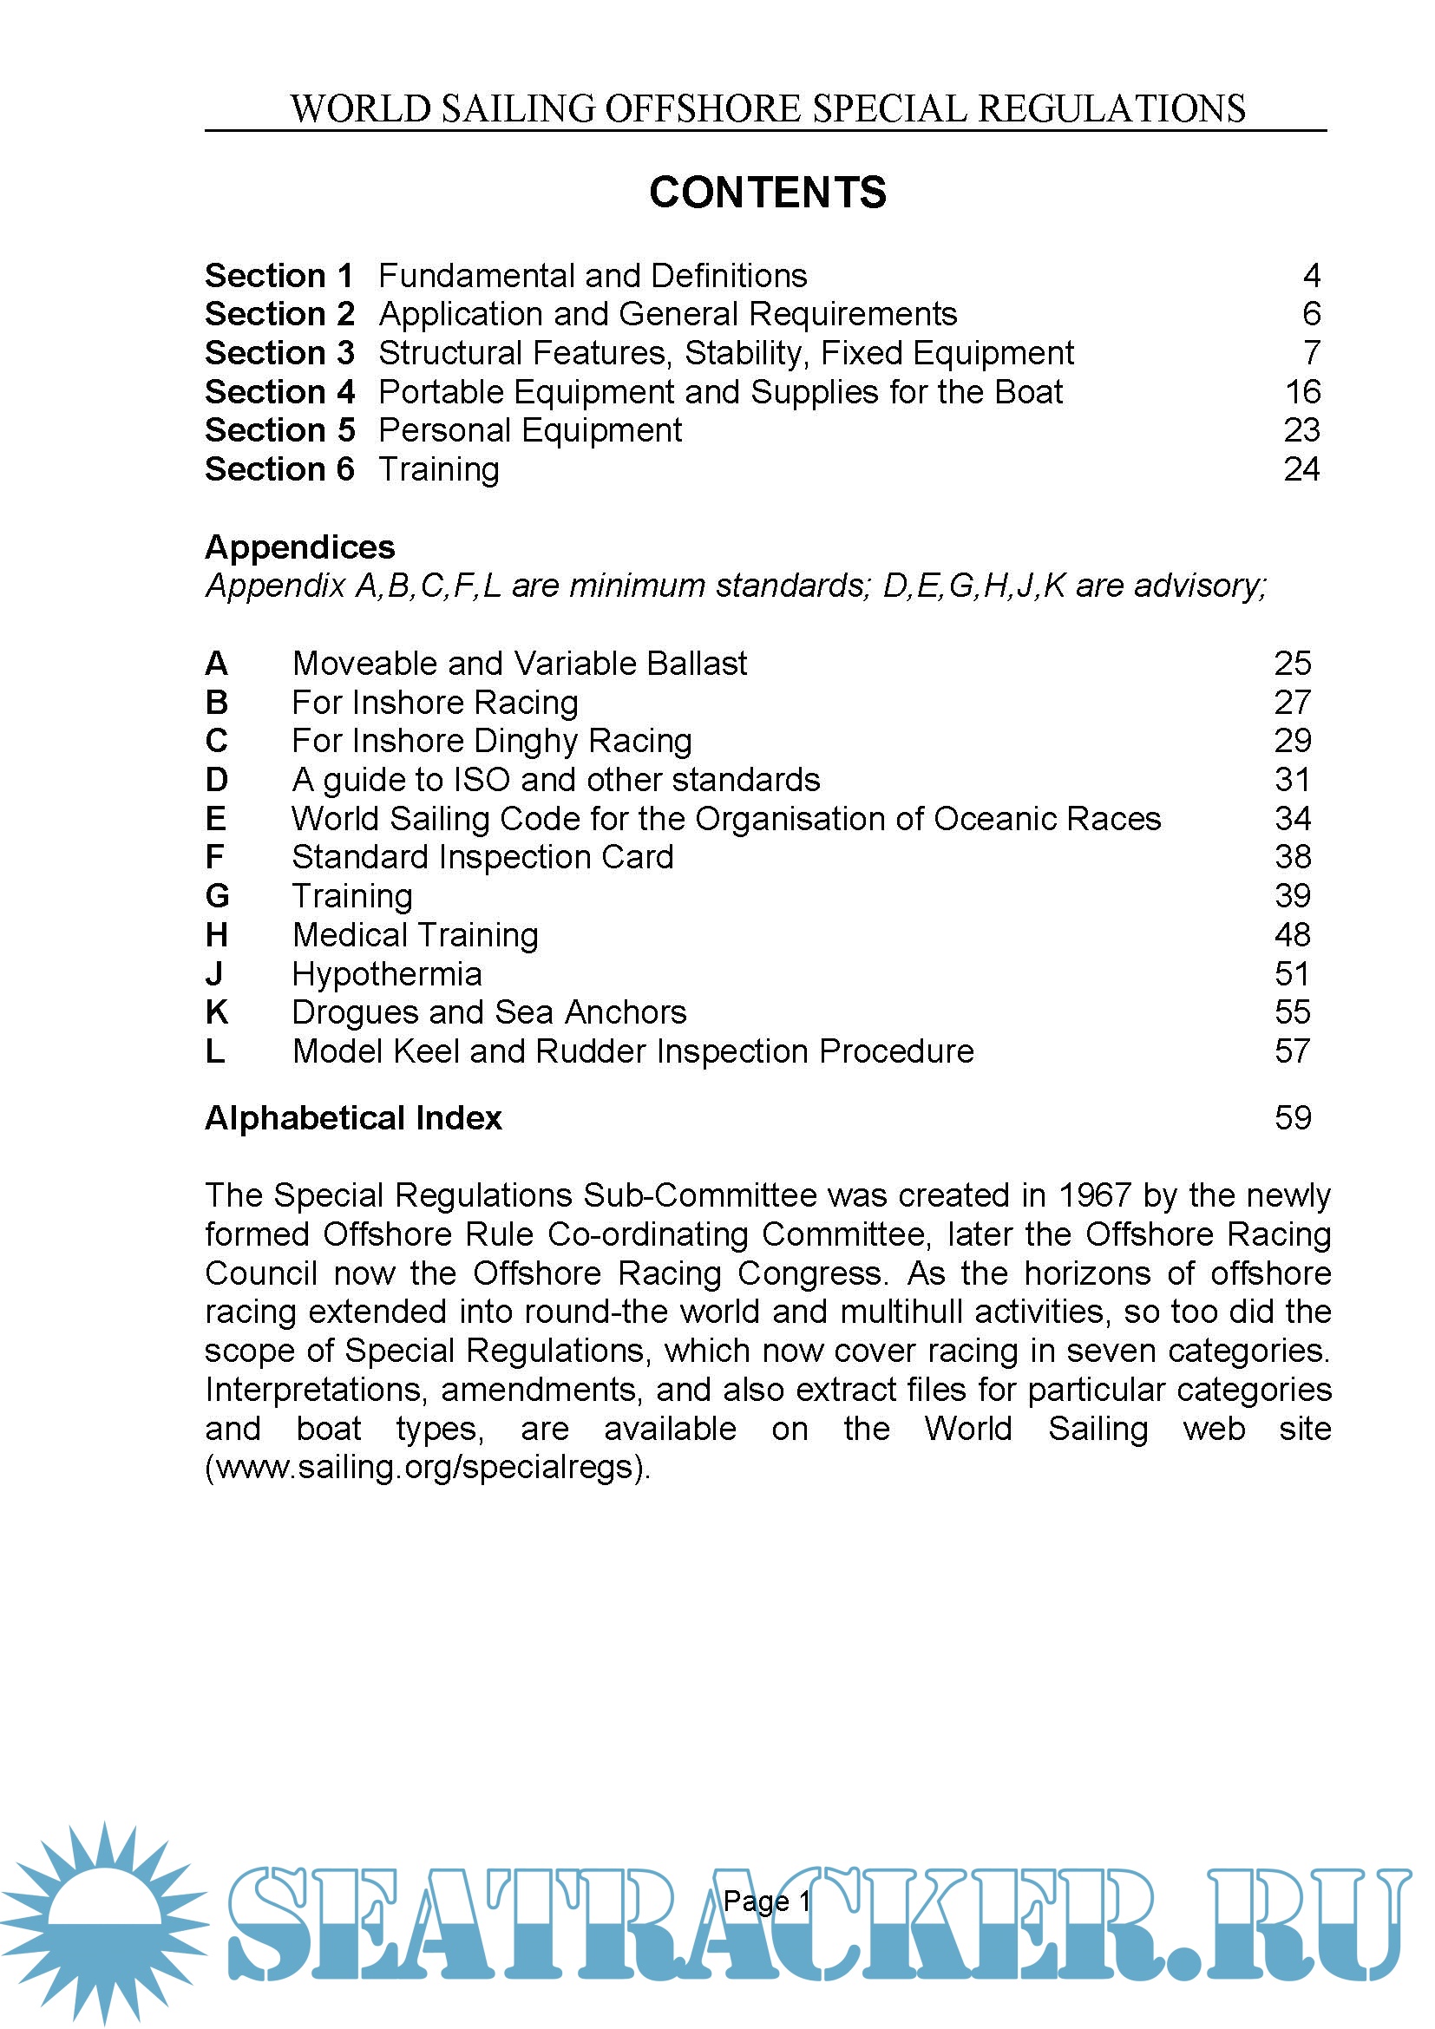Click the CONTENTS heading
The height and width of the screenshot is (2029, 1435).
767,192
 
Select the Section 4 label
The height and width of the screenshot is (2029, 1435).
279,391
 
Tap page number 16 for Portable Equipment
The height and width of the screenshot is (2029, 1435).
1301,391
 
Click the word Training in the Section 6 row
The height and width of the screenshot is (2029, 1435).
438,469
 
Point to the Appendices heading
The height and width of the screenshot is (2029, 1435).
299,547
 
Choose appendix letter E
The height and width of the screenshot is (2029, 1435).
216,818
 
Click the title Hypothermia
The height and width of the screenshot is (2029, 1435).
387,974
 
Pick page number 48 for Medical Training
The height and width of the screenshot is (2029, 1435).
1292,935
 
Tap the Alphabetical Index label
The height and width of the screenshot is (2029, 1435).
352,1118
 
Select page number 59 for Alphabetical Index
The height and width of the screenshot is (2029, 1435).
1292,1118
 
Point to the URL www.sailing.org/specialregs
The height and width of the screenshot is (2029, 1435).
428,1467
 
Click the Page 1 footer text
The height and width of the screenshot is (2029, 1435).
766,1901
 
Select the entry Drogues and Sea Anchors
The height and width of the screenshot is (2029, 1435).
488,1012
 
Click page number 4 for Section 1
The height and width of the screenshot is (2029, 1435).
1311,276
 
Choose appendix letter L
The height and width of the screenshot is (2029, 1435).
214,1051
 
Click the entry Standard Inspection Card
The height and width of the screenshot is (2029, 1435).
482,857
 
